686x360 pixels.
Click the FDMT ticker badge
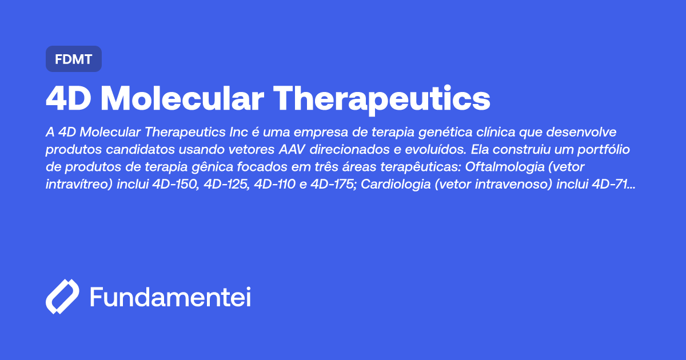pos(73,59)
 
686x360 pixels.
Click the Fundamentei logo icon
pos(62,297)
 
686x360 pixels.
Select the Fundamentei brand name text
pos(170,297)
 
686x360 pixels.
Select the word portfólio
pos(609,150)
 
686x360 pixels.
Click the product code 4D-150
pos(176,185)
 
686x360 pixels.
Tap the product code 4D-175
pos(332,185)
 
